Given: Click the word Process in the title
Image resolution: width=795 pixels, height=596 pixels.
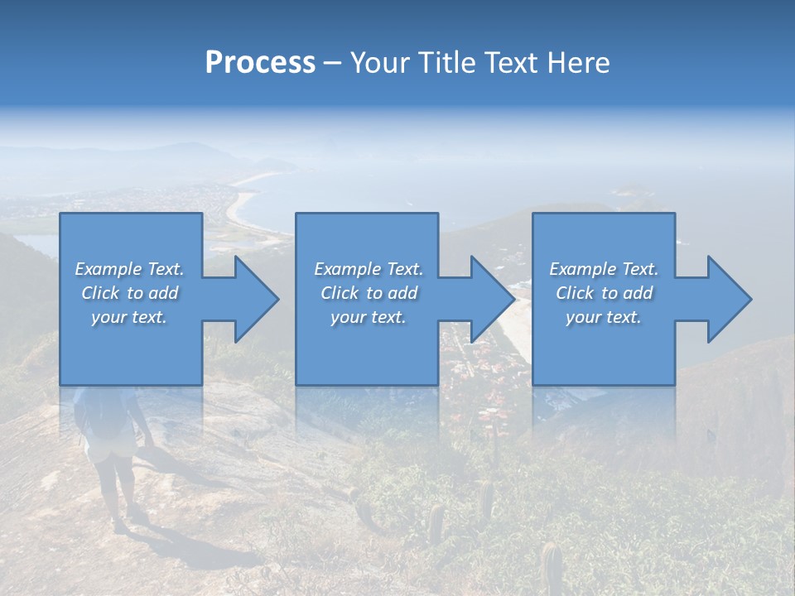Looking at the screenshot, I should point(260,63).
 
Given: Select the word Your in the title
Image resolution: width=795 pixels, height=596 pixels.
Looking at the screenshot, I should point(379,63).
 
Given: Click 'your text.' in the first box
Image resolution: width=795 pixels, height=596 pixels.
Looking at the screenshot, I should point(129,317).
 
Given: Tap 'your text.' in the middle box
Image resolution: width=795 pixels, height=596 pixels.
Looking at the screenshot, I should point(368,317).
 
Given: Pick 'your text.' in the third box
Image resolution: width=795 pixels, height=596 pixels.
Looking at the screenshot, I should point(603,317).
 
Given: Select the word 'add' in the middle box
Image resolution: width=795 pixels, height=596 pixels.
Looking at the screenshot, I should point(402,293).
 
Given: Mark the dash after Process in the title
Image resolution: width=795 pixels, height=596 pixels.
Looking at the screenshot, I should point(333,63).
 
